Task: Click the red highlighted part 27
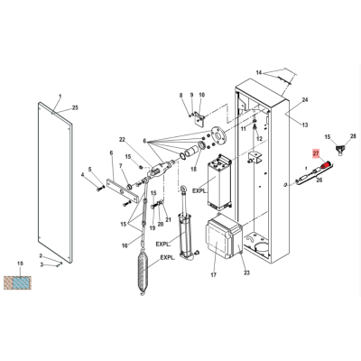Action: [x=326, y=164]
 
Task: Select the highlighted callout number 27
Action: [x=316, y=153]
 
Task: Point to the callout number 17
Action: [x=213, y=274]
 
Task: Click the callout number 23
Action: [x=246, y=273]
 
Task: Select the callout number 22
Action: [x=122, y=140]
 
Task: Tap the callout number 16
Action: [x=125, y=245]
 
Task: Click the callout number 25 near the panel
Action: [x=75, y=107]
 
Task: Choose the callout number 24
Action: [x=305, y=100]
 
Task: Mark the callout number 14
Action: [x=259, y=72]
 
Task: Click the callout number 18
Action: [x=193, y=169]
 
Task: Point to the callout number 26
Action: [x=319, y=180]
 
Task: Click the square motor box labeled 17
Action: [x=223, y=236]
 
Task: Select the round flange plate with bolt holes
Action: [x=219, y=135]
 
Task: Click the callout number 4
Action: [x=83, y=174]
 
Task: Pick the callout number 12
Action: [x=259, y=139]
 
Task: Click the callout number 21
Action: [x=168, y=220]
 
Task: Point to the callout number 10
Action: [x=201, y=95]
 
